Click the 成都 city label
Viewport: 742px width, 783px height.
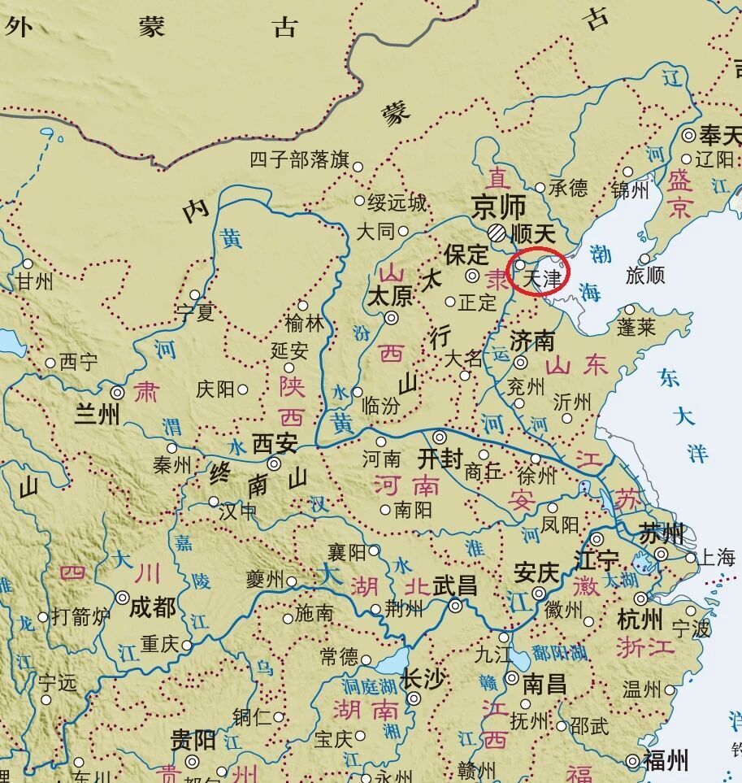point(152,606)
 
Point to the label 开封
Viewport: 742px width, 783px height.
point(440,459)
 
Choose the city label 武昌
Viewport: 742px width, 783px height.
point(455,586)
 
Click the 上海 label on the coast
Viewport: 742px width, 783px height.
point(716,558)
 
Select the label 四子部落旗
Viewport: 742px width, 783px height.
point(298,159)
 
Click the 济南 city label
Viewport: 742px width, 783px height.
point(532,340)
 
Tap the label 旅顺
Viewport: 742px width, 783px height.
point(645,276)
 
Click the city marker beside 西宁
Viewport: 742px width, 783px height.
point(50,363)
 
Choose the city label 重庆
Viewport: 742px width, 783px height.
point(158,644)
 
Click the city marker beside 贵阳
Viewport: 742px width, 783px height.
point(193,762)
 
